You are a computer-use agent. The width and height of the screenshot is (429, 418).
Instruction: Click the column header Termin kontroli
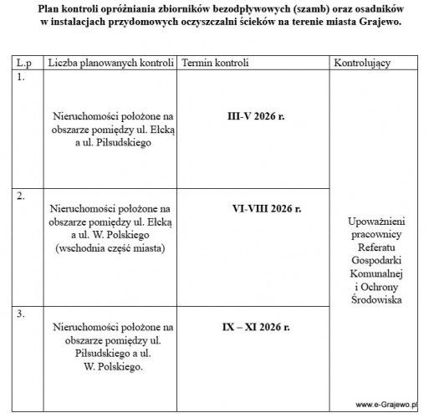pyautogui.click(x=215, y=64)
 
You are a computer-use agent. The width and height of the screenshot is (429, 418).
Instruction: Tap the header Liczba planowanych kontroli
pyautogui.click(x=110, y=64)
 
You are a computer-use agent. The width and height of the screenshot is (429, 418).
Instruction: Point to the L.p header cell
pyautogui.click(x=23, y=64)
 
